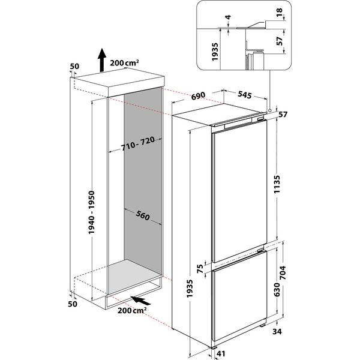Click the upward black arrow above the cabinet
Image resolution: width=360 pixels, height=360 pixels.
tap(101, 58)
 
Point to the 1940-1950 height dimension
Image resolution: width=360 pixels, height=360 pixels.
tap(91, 200)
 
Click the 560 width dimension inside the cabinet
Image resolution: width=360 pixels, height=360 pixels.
tap(143, 217)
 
